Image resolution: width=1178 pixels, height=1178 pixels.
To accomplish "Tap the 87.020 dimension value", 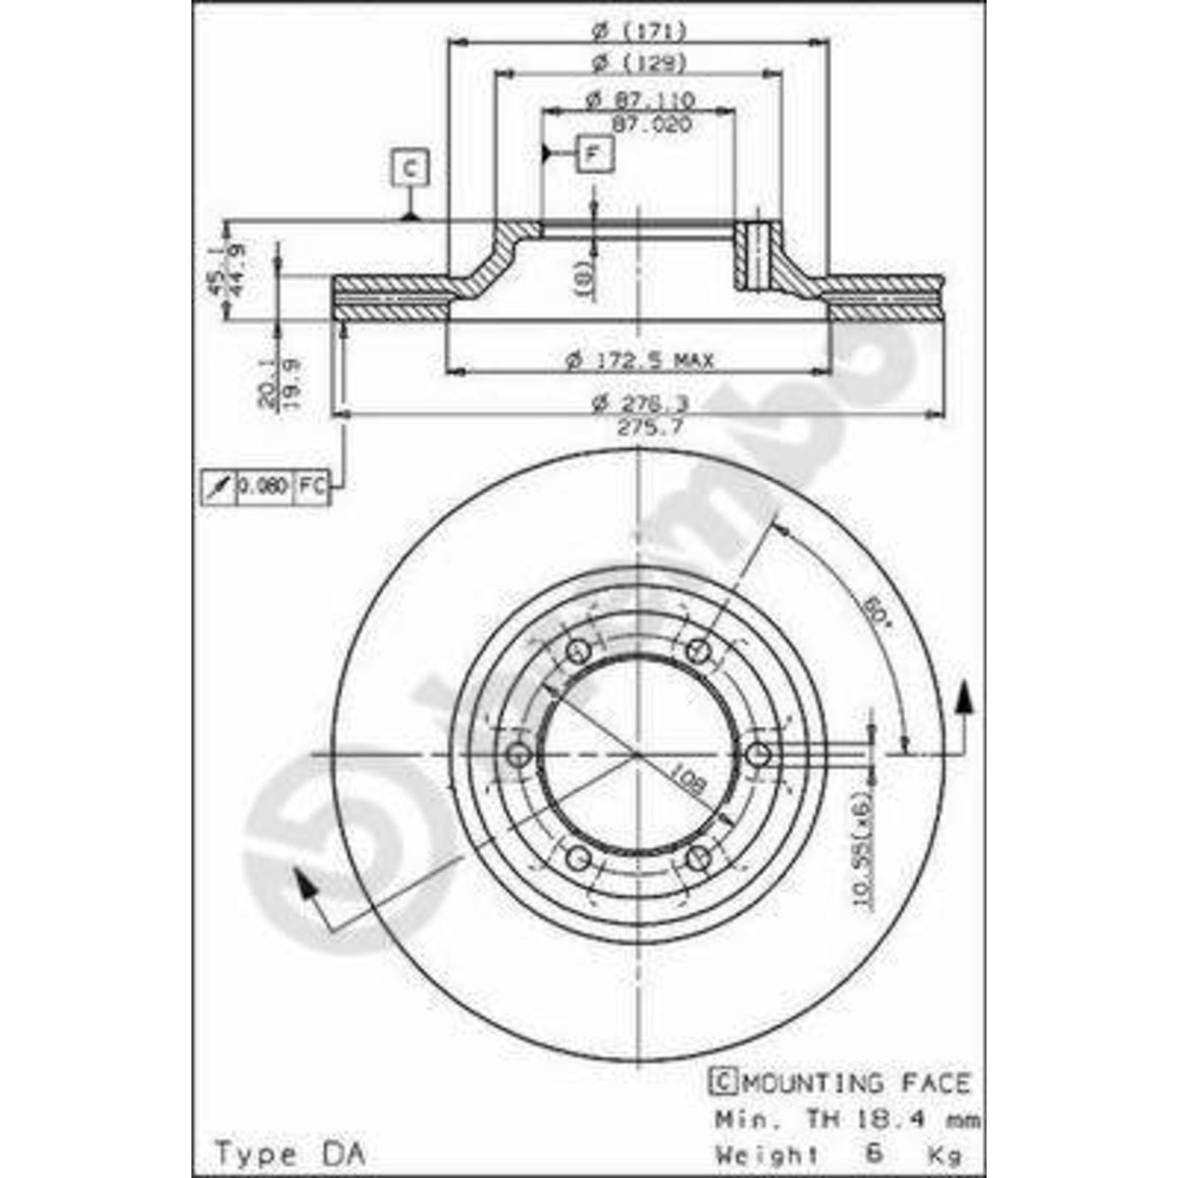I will coord(651,125).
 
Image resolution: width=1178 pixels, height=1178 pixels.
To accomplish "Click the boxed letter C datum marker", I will coord(410,167).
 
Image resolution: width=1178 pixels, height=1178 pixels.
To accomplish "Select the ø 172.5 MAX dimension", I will coord(640,360).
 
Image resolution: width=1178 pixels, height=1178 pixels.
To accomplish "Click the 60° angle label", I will coord(876,614).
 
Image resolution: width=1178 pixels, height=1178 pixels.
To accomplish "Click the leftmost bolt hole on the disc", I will coord(519,755).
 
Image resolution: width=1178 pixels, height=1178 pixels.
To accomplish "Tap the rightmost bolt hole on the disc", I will coord(758,755).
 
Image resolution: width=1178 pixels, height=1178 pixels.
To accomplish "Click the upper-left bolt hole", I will coord(579,651).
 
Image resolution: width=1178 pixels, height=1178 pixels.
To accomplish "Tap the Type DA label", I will coord(289,1152).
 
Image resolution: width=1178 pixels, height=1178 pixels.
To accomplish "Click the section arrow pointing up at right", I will coord(966,696).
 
